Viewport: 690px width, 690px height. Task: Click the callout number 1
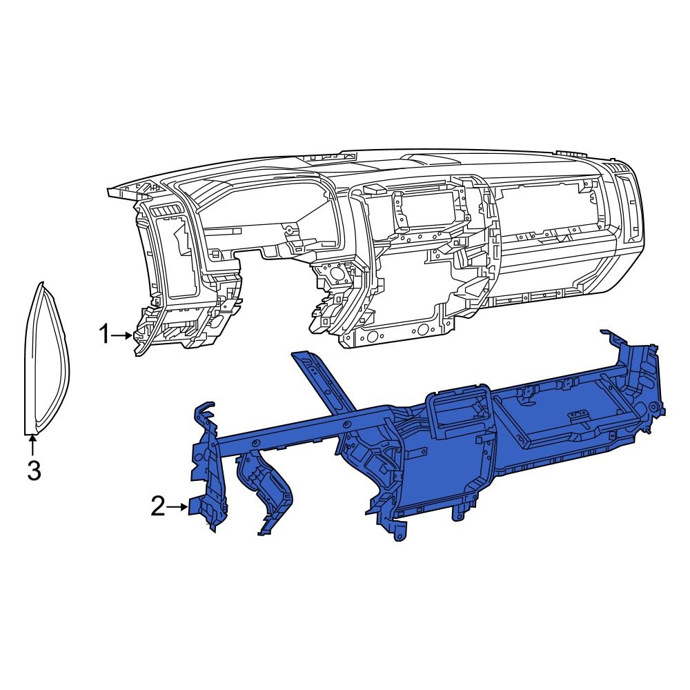(x=103, y=336)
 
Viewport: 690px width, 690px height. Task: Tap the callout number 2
(x=158, y=508)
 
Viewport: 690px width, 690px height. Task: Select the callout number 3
(x=33, y=471)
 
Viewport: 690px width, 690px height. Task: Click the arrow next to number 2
(x=178, y=508)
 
